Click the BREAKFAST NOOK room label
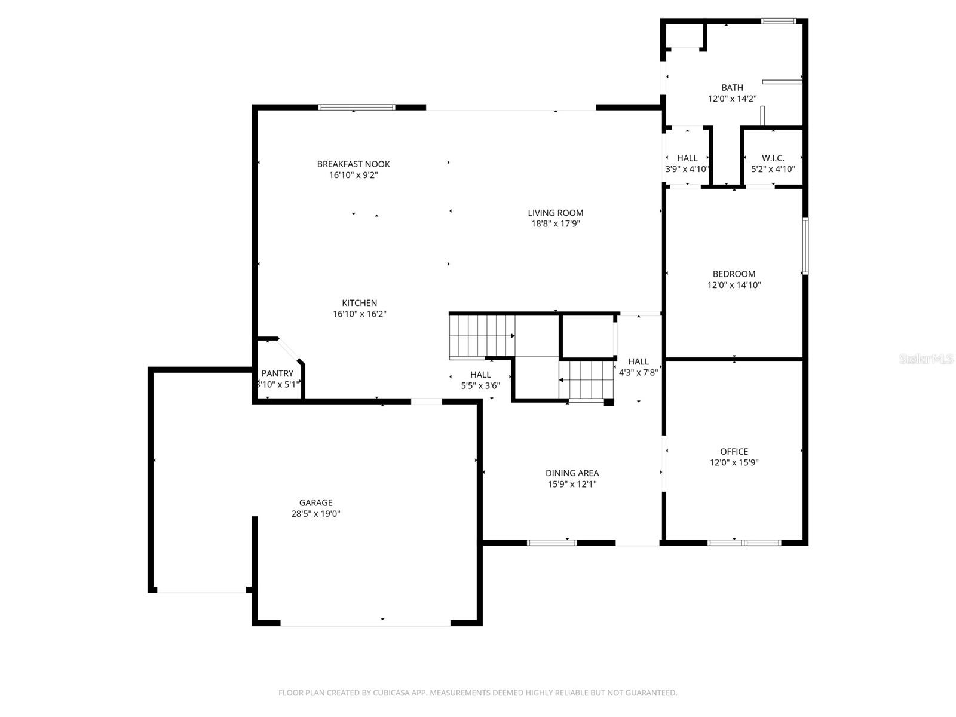click(x=353, y=164)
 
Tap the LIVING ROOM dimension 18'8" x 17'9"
click(x=555, y=224)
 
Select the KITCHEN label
click(x=359, y=303)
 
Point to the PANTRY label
click(x=277, y=373)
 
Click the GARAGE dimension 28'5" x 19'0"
click(x=315, y=514)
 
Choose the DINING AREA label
click(x=572, y=473)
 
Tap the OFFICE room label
click(x=734, y=452)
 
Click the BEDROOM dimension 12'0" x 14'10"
click(x=734, y=286)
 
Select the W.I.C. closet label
click(x=773, y=158)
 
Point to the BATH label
click(x=732, y=88)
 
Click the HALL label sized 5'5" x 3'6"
click(x=480, y=375)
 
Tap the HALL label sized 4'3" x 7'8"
click(x=638, y=361)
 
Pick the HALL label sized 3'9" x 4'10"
click(x=687, y=158)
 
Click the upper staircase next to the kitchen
click(x=482, y=336)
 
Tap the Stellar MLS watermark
click(x=926, y=358)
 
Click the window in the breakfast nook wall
click(x=357, y=108)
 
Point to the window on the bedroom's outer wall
click(x=805, y=246)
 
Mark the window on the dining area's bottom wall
click(x=551, y=543)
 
